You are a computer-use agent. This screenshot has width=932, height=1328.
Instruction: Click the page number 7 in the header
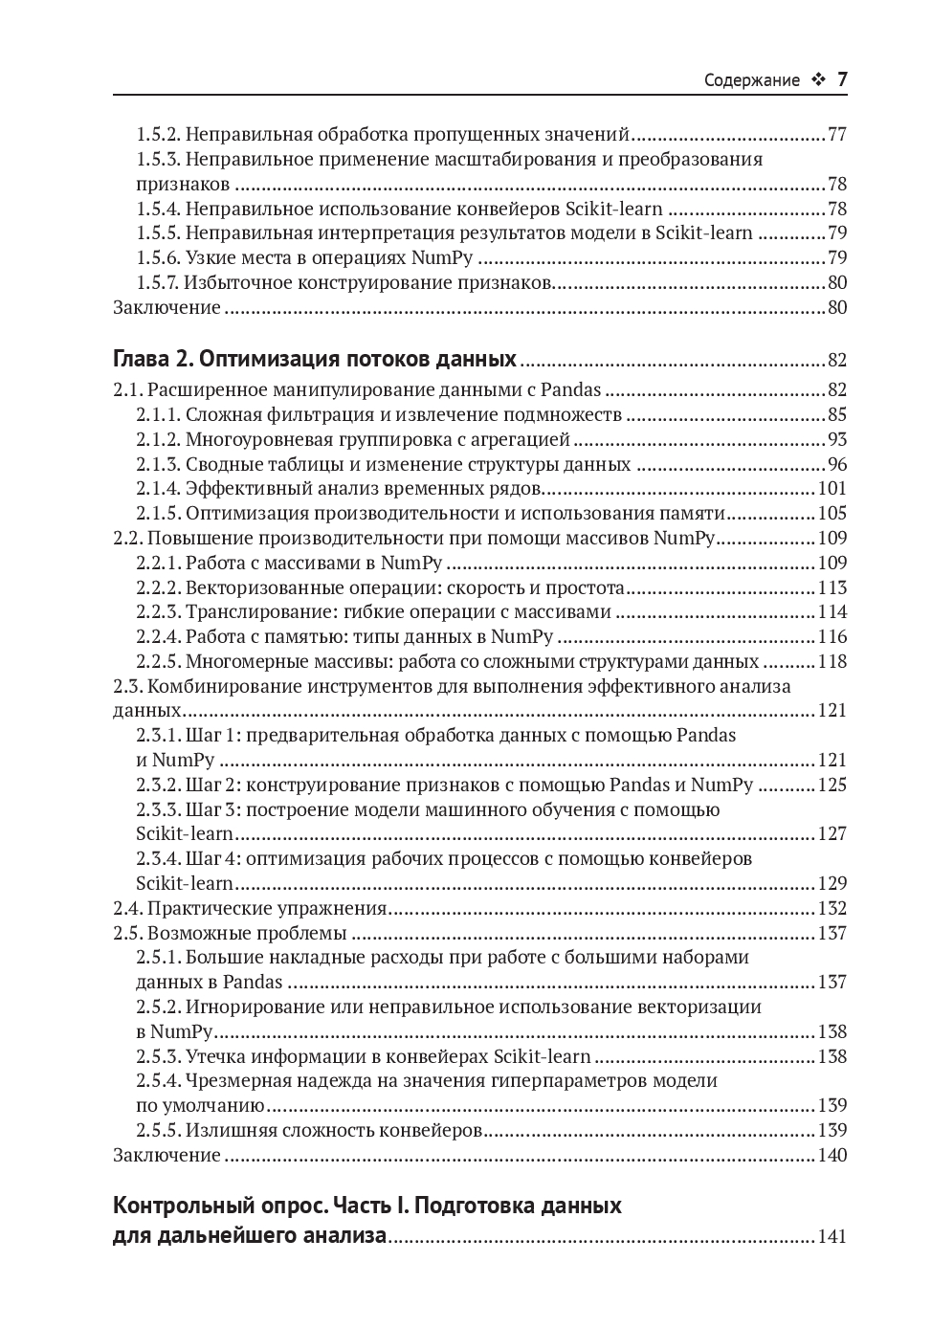click(x=842, y=80)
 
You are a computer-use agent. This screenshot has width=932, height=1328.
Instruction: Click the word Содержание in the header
click(x=751, y=81)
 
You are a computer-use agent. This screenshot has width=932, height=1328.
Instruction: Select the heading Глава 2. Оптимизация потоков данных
click(x=315, y=360)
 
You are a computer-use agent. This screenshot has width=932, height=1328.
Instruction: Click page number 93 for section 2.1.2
click(x=836, y=439)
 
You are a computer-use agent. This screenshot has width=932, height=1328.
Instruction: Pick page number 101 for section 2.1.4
click(x=832, y=489)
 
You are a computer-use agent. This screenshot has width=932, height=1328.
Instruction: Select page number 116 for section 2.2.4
click(x=832, y=637)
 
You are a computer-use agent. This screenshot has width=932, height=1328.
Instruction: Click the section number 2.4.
click(x=127, y=909)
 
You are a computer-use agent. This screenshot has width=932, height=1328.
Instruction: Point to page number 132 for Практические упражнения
click(x=832, y=909)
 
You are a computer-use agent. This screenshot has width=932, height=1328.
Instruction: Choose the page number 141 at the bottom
click(x=832, y=1237)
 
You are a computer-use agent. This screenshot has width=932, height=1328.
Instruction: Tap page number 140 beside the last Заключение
click(x=832, y=1156)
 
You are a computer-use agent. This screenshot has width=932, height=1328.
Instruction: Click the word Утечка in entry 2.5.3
click(x=215, y=1057)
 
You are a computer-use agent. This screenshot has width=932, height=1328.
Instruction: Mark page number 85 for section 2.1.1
click(x=836, y=414)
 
